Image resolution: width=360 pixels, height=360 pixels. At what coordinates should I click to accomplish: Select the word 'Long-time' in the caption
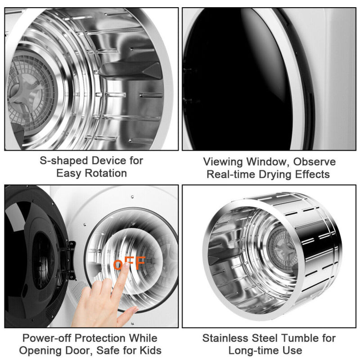click(x=250, y=350)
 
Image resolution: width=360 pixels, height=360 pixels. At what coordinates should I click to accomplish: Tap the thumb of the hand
click(x=128, y=313)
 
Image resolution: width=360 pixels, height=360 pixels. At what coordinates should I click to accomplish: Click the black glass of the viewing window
click(x=234, y=81)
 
